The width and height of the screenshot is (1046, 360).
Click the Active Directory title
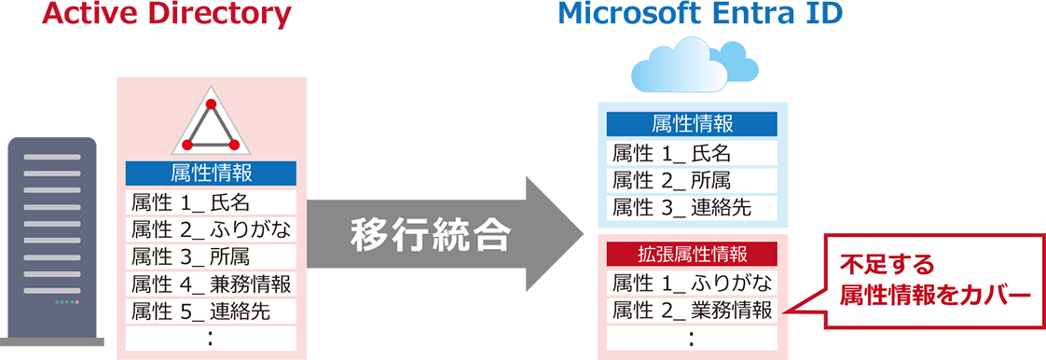tap(167, 14)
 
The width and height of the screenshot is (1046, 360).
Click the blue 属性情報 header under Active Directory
tap(211, 173)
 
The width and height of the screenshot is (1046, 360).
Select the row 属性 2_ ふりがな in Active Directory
tap(211, 229)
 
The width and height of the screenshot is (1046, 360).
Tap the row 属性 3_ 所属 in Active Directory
tap(211, 256)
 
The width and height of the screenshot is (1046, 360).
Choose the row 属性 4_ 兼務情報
tap(211, 284)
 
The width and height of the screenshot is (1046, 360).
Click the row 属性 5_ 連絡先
tap(211, 311)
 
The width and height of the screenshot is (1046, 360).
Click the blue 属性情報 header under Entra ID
tap(692, 125)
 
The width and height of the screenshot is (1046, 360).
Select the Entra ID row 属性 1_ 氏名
tap(692, 153)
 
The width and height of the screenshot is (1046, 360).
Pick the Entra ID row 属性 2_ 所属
tap(692, 180)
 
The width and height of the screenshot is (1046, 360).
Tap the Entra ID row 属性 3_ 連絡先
tap(692, 207)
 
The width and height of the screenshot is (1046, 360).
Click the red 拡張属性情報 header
tap(692, 254)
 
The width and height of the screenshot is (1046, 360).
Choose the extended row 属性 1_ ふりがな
tap(692, 283)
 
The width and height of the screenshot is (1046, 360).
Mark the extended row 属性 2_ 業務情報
tap(692, 310)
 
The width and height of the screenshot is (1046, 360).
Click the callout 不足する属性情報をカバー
tap(932, 280)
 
